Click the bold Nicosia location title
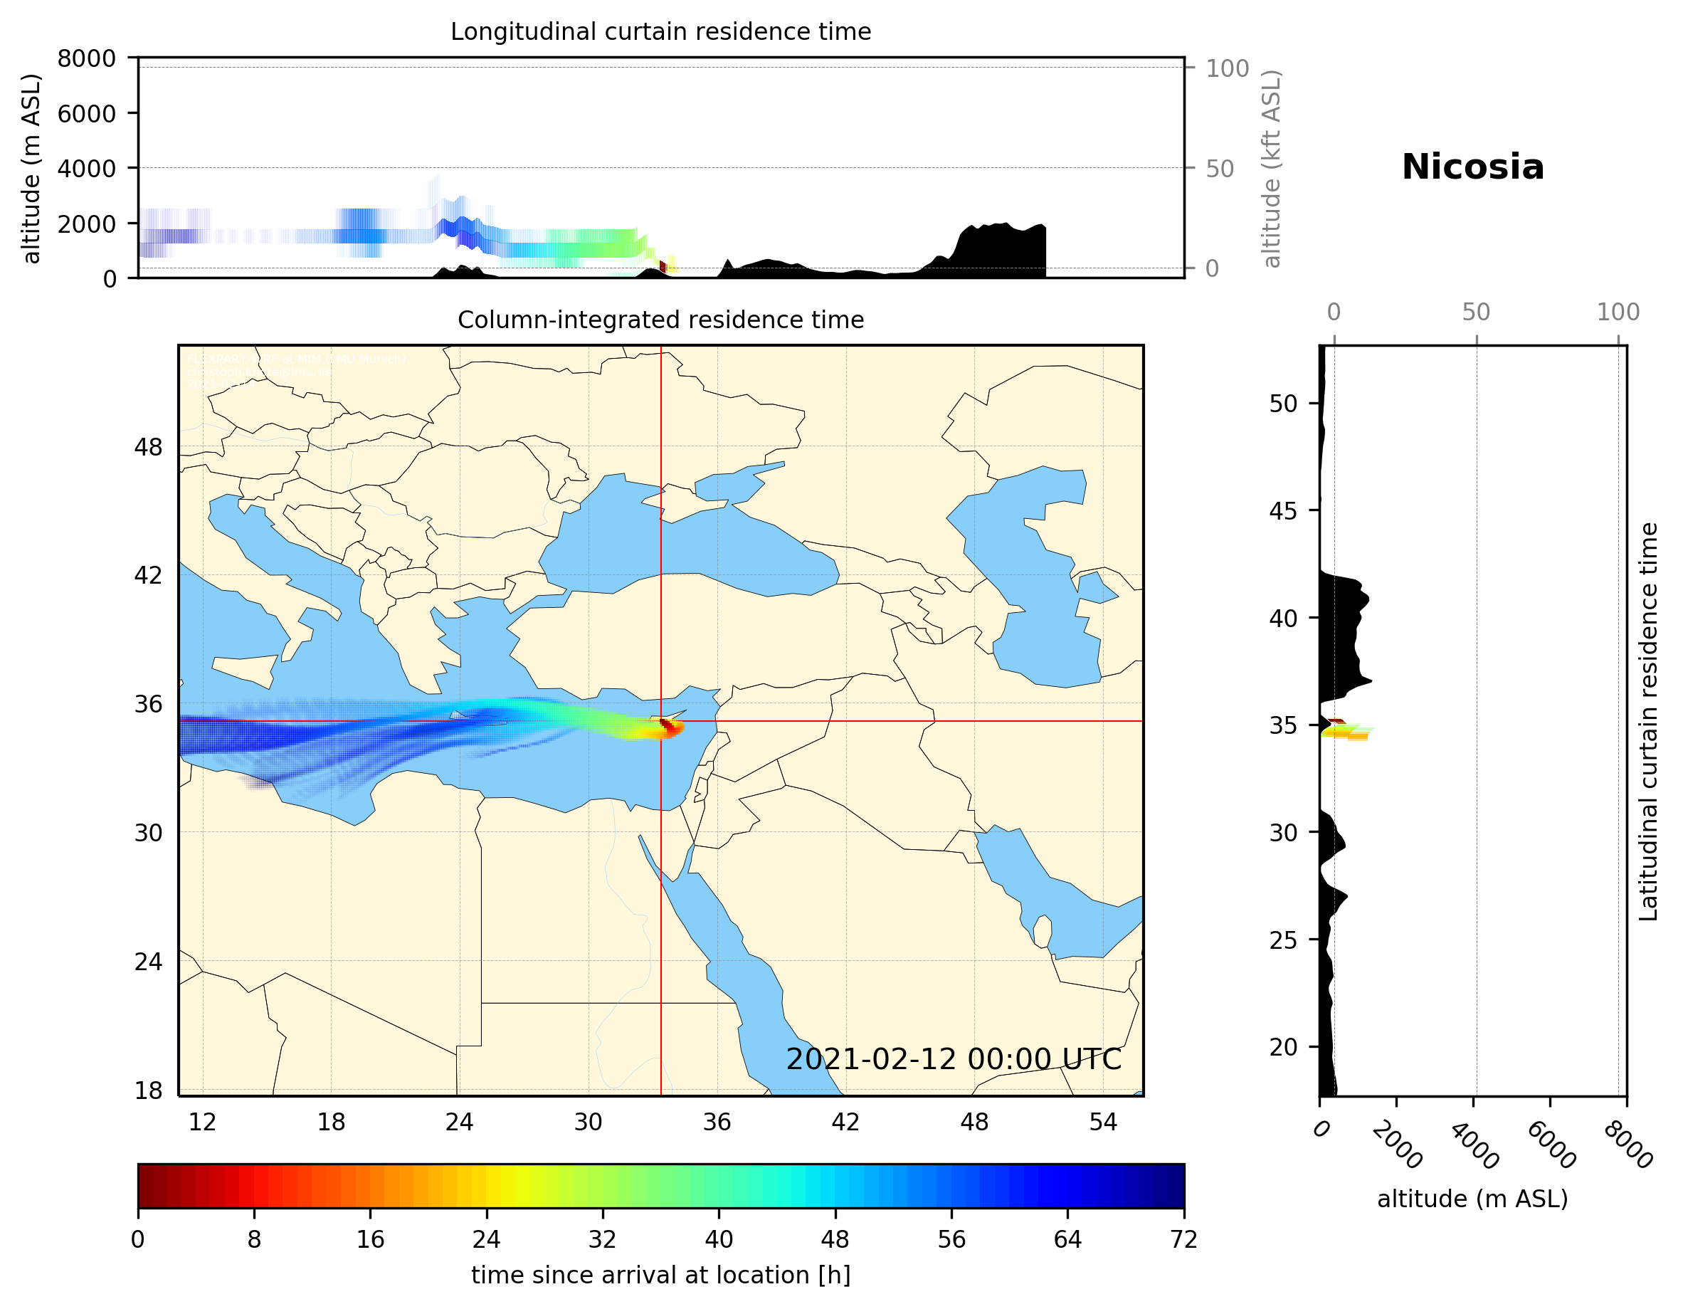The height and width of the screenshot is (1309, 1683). tap(1472, 167)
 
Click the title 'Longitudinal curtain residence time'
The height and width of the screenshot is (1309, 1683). tap(660, 31)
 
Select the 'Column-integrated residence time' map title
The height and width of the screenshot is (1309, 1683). tap(660, 320)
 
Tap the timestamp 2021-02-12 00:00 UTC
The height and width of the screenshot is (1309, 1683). tap(954, 1059)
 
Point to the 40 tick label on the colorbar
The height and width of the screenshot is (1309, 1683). tap(718, 1240)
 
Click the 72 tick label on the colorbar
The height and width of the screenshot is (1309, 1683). tap(1183, 1240)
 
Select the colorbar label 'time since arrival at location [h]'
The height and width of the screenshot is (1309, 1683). tap(660, 1275)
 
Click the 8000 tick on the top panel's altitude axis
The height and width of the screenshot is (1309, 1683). tap(86, 58)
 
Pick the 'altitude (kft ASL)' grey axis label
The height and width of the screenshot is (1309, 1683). tap(1271, 169)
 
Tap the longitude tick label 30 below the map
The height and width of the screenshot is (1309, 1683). tap(588, 1123)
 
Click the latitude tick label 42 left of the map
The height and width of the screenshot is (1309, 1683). tap(148, 575)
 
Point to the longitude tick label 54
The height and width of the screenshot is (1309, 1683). tap(1103, 1123)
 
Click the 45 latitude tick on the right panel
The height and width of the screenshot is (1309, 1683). tap(1283, 510)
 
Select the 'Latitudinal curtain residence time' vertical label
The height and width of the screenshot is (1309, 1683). tap(1648, 721)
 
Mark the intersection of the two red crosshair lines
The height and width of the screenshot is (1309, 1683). tap(660, 721)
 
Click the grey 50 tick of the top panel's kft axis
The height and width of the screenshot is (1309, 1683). tap(1219, 169)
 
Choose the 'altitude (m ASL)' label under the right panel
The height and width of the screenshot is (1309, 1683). tap(1472, 1199)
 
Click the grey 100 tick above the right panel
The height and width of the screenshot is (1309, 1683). tap(1618, 312)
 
